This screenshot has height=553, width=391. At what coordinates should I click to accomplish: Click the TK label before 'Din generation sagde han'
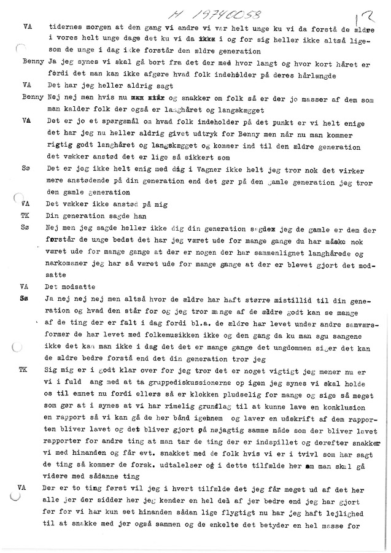23,214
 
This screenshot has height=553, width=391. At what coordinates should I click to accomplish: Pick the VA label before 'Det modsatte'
24,285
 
